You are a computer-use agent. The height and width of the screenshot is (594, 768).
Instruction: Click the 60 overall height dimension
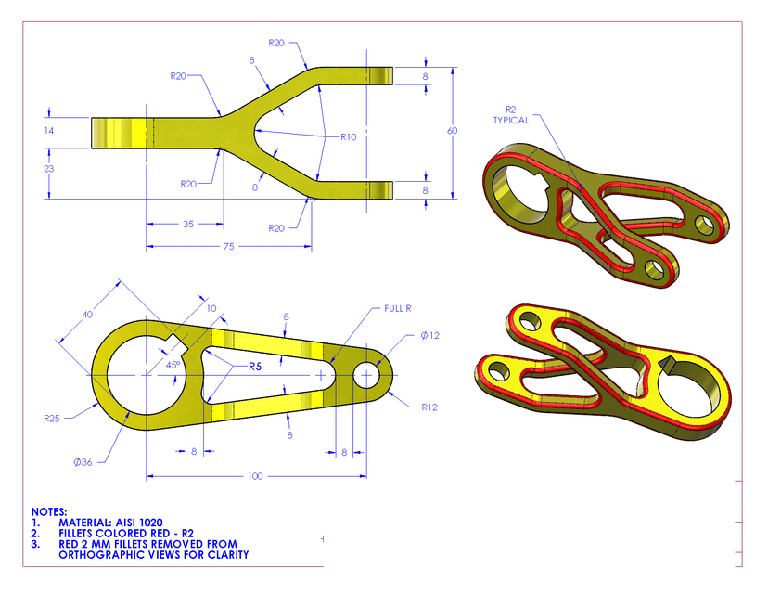[452, 131]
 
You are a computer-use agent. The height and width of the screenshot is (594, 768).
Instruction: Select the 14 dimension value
[49, 131]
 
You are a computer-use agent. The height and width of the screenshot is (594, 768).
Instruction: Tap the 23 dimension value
[49, 169]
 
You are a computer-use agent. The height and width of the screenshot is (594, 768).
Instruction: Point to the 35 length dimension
[188, 225]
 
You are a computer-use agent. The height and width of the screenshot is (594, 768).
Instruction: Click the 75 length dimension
[228, 246]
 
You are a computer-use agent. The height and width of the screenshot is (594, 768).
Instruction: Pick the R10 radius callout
[348, 136]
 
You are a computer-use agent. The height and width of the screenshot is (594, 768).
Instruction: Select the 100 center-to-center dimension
[256, 476]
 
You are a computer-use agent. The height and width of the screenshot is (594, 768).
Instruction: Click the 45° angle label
[173, 365]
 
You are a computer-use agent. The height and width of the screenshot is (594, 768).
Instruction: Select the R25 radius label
[54, 419]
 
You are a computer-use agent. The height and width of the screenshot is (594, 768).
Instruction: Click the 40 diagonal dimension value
[88, 315]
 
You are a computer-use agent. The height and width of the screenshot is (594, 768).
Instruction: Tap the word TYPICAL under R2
[511, 121]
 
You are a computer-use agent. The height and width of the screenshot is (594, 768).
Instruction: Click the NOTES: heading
[49, 511]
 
